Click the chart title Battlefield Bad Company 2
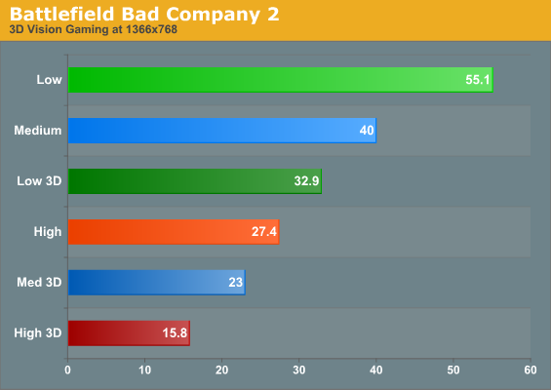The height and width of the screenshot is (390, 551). [144, 15]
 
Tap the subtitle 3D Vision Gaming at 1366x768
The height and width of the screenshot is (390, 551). [93, 29]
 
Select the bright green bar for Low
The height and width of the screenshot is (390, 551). [281, 80]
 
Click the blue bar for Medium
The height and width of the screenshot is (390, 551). [222, 131]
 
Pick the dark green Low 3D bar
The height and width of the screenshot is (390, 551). [195, 181]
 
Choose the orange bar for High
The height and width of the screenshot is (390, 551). [174, 231]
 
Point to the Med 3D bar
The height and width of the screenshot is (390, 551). [157, 282]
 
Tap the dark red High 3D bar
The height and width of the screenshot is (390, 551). [129, 332]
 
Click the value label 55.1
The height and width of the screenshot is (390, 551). [478, 80]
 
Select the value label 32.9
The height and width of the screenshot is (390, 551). [306, 181]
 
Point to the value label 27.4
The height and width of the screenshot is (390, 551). [264, 231]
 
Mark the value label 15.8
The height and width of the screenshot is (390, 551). [175, 332]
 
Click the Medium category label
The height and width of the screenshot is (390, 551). [38, 131]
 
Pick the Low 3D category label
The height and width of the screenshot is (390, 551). [39, 181]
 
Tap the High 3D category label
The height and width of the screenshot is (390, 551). [38, 332]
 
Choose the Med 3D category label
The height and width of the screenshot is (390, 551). [39, 282]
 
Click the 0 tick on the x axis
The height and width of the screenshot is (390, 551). [68, 370]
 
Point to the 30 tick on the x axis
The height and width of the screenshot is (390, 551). [299, 370]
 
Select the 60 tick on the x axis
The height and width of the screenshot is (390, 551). [531, 370]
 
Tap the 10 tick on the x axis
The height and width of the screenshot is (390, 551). [144, 370]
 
